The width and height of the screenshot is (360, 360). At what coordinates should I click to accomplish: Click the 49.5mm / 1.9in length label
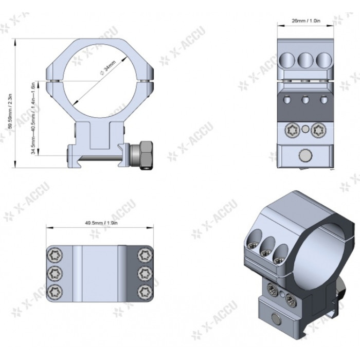[x=101, y=224]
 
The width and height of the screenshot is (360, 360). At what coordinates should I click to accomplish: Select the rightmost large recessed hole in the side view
[x=323, y=59]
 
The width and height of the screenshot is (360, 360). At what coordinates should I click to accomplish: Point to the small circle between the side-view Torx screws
[x=305, y=129]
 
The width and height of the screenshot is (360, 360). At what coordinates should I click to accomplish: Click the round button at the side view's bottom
[x=305, y=155]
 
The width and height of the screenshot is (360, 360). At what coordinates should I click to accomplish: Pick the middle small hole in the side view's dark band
[x=305, y=99]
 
